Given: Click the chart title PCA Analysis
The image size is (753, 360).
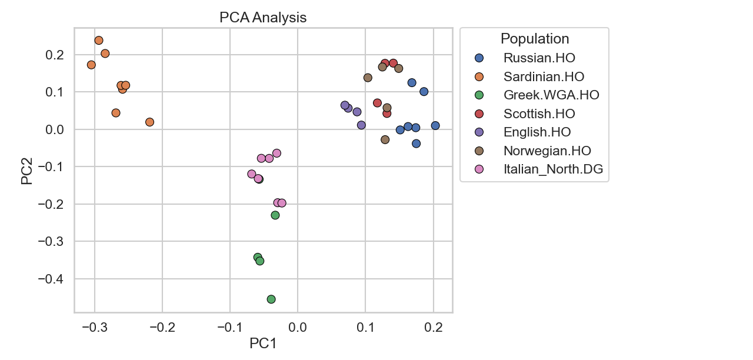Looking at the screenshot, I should (263, 18).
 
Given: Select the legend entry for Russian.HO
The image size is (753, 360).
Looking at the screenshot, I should (539, 58).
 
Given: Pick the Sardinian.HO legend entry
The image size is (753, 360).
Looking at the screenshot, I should (544, 76).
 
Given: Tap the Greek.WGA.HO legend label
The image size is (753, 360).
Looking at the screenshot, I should (551, 95).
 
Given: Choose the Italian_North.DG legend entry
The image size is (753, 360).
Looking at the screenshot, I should (553, 170).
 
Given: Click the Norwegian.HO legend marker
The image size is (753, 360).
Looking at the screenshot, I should (479, 151).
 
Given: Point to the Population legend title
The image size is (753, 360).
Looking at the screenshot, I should (535, 39).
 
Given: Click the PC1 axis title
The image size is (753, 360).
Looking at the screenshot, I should (263, 344).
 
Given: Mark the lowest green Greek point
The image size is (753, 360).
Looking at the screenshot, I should (271, 299).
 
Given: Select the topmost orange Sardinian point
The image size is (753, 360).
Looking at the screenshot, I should (99, 41).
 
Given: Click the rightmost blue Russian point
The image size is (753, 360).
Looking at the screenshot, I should (435, 125).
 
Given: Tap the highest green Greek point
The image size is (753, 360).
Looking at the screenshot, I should (275, 215).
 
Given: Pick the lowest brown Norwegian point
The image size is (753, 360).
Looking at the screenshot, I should (385, 139).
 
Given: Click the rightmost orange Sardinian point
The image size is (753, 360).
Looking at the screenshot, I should (149, 122).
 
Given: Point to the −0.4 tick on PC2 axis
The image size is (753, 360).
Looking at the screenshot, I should (53, 279).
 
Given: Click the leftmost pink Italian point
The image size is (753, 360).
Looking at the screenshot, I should (252, 174).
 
